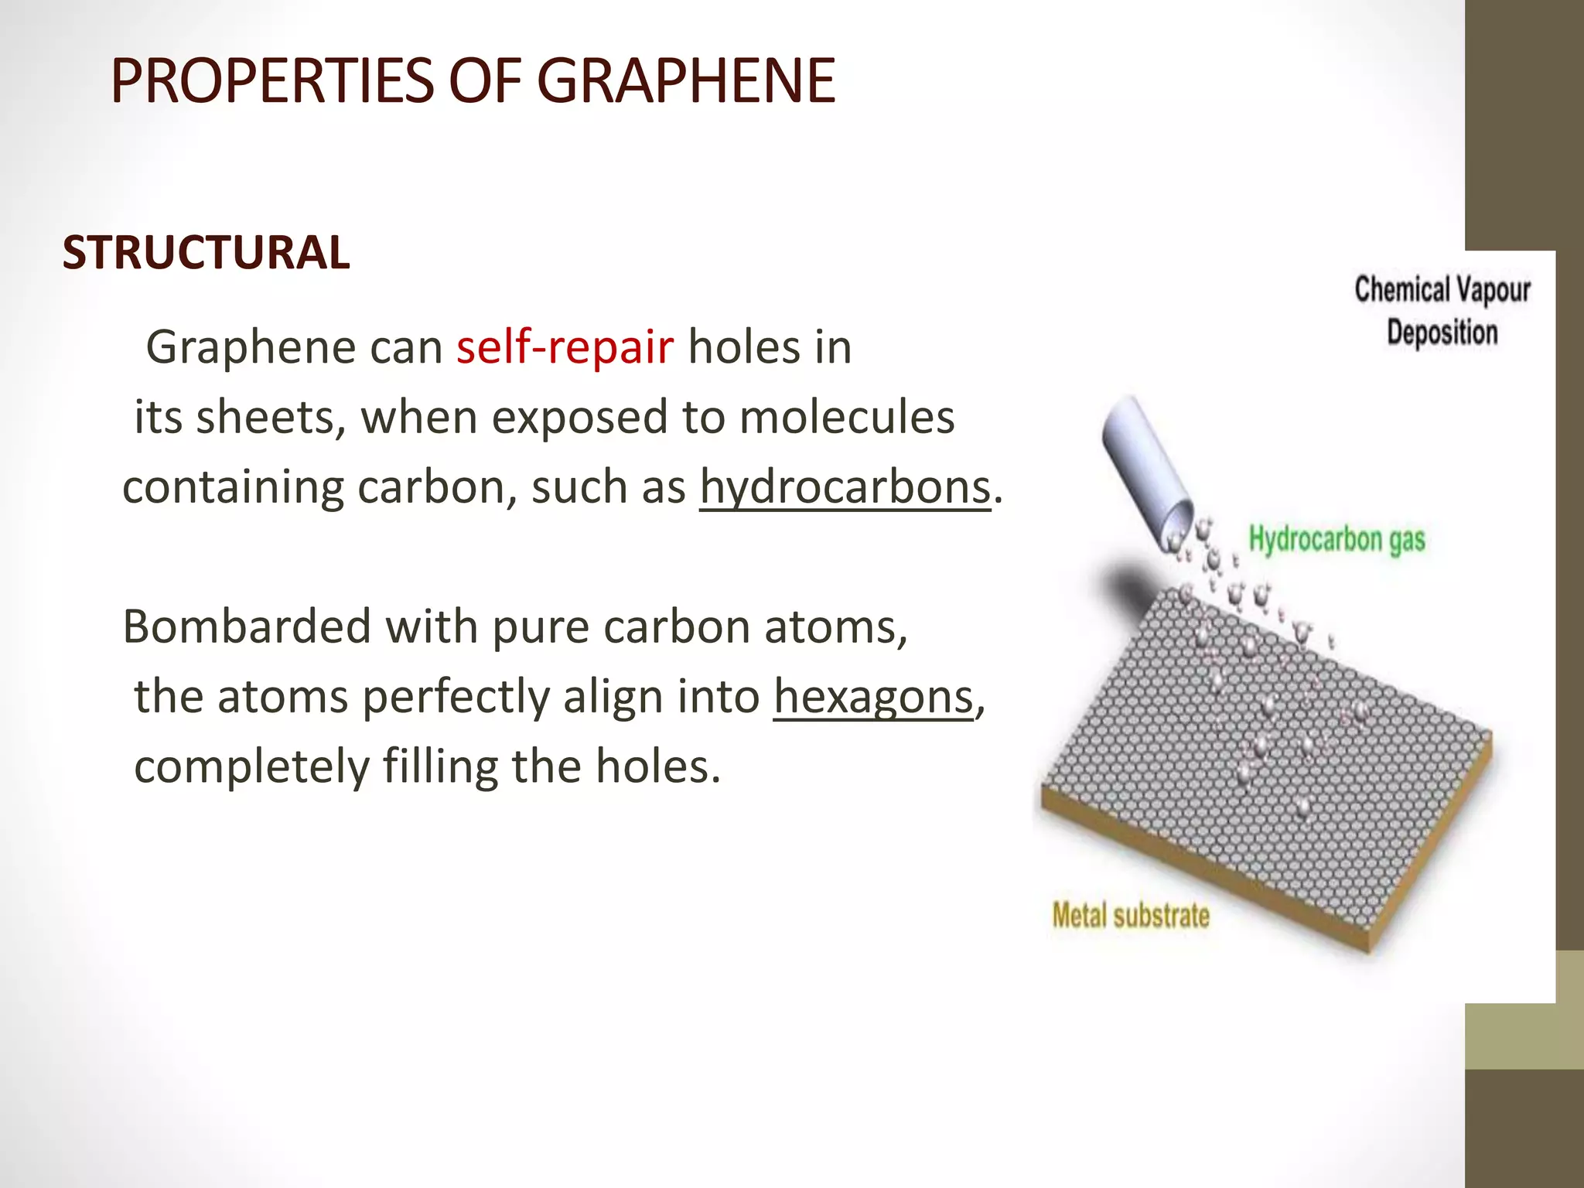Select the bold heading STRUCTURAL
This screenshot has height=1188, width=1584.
tap(206, 253)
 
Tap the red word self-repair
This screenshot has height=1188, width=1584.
tap(565, 347)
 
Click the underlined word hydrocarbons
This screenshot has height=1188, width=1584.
tap(845, 488)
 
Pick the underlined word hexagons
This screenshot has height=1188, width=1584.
tap(873, 697)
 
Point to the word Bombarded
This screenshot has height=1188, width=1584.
tap(247, 626)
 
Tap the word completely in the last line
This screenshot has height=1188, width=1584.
tap(252, 767)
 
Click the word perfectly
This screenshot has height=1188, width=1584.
tap(456, 697)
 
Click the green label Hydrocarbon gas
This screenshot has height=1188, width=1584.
tap(1336, 540)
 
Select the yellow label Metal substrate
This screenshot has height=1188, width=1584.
tap(1130, 916)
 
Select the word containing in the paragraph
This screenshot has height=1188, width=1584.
tap(233, 488)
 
